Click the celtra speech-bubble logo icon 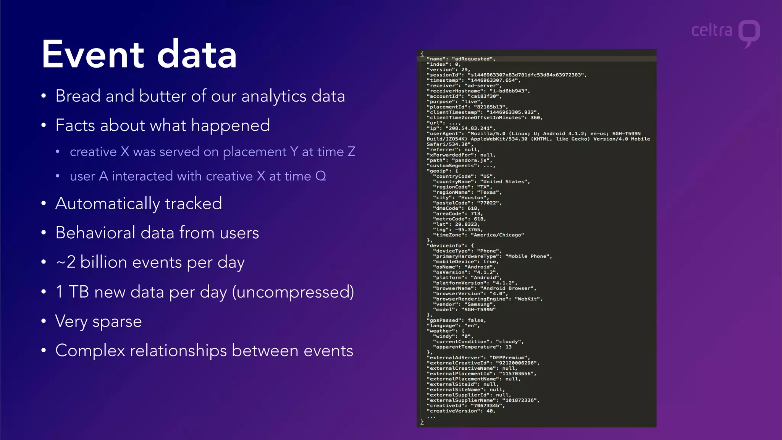tap(749, 32)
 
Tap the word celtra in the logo tap(712, 30)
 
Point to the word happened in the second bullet tap(230, 125)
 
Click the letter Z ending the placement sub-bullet tap(351, 152)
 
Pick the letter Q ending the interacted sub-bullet tap(321, 176)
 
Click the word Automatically tap(108, 204)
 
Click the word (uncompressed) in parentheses tap(293, 292)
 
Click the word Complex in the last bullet tap(90, 351)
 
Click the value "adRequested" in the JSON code tap(473, 59)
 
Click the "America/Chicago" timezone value tap(497, 235)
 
